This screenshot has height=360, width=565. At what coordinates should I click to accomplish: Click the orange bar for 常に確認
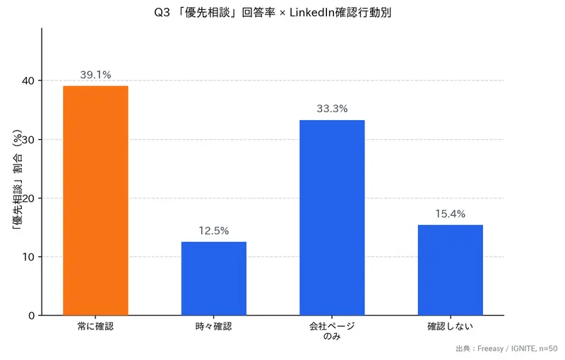coord(95,200)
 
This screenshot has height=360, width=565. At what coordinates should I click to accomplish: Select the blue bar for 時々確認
coord(214,278)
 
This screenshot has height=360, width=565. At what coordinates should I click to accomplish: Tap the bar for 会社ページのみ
coord(332,217)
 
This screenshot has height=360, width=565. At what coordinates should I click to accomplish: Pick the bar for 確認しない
coord(450,270)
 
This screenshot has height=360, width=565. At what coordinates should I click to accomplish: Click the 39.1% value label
coord(95,75)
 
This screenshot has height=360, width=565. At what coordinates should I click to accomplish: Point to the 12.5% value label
coord(214,231)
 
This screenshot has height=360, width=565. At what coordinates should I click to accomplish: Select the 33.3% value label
coord(332,109)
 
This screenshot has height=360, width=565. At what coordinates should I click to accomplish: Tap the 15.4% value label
coord(450,214)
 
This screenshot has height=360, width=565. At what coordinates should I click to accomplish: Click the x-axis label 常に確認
coord(95,327)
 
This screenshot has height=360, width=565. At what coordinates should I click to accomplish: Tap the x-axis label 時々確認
coord(214,327)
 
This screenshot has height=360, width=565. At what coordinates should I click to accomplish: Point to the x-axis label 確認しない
coord(450,327)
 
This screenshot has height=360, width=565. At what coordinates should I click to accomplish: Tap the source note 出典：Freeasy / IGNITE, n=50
coord(506,349)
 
